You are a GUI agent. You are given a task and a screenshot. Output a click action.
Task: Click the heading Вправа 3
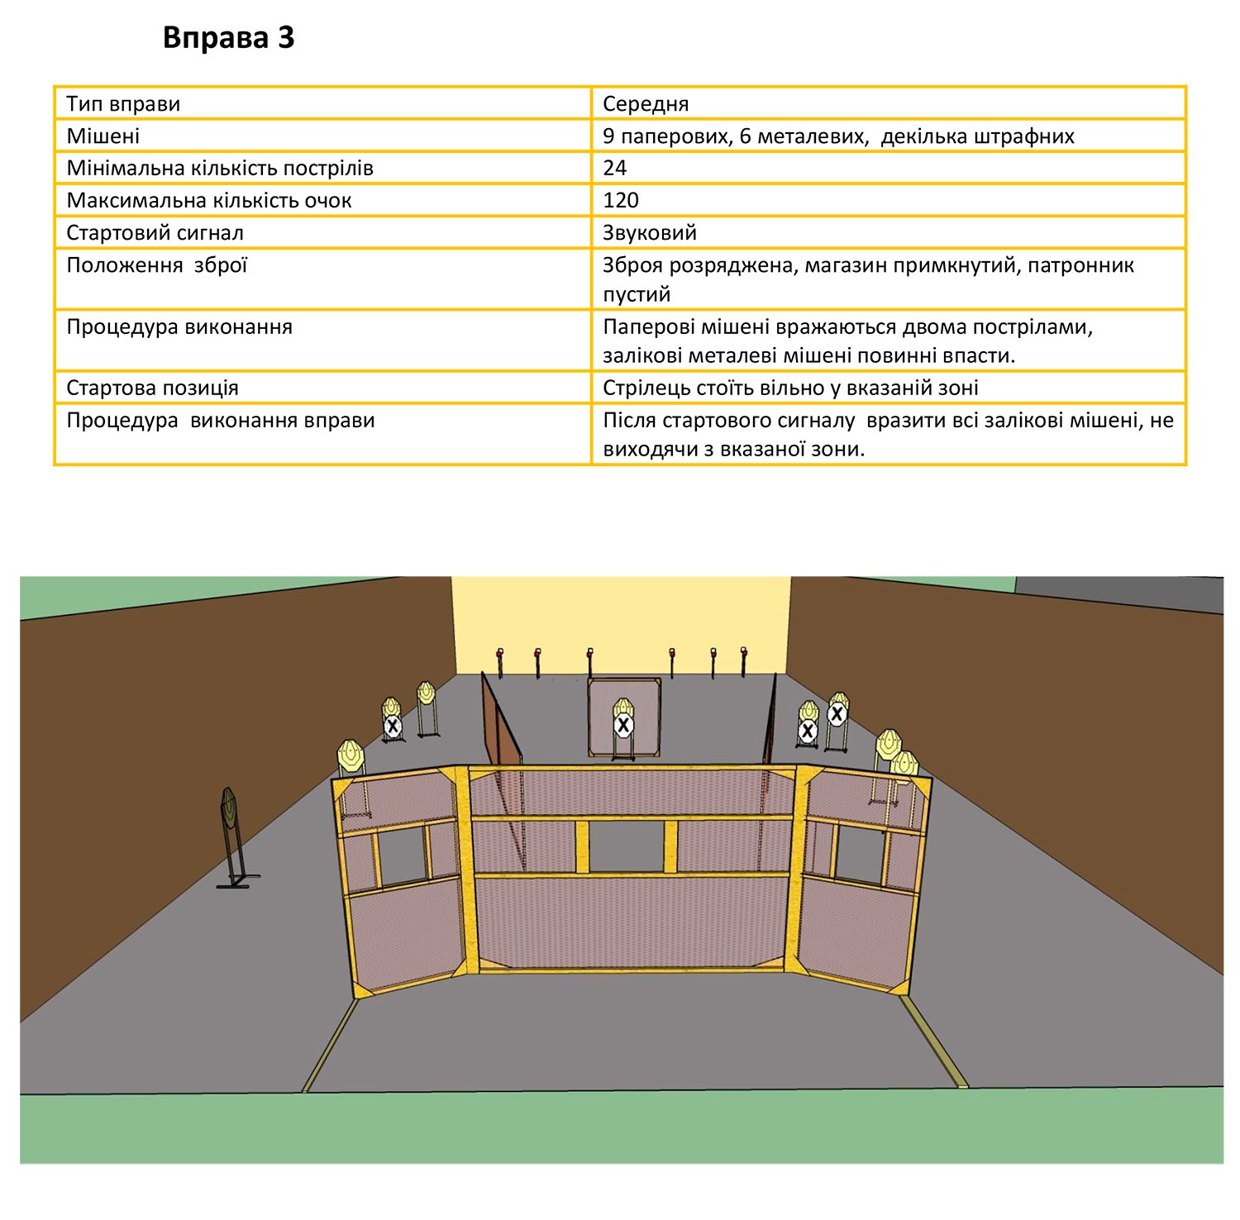pyautogui.click(x=228, y=38)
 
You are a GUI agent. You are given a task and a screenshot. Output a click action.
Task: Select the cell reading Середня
pyautogui.click(x=646, y=104)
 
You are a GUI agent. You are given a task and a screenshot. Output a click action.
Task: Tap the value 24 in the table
pyautogui.click(x=615, y=168)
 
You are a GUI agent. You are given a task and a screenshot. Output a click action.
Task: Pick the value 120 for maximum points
pyautogui.click(x=621, y=200)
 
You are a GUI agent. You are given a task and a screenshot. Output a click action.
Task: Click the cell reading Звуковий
pyautogui.click(x=650, y=232)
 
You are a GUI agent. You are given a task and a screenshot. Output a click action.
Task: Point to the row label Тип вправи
pyautogui.click(x=123, y=104)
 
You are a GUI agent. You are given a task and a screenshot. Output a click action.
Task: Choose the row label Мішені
pyautogui.click(x=103, y=136)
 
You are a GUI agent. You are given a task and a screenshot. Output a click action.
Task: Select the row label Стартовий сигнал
pyautogui.click(x=155, y=232)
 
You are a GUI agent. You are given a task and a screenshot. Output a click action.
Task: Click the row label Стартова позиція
pyautogui.click(x=152, y=388)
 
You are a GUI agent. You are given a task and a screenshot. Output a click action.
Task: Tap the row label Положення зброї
pyautogui.click(x=157, y=265)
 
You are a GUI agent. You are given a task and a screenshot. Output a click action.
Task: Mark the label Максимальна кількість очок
pyautogui.click(x=209, y=200)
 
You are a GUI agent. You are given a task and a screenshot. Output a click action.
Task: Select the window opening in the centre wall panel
pyautogui.click(x=626, y=846)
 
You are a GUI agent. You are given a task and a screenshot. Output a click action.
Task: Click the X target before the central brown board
pyautogui.click(x=623, y=726)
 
